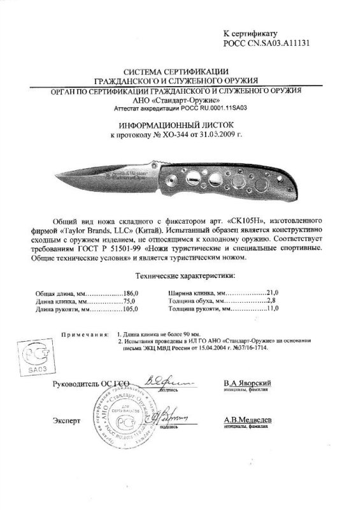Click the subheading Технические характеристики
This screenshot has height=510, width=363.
181,275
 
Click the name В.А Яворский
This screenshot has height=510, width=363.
249,382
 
